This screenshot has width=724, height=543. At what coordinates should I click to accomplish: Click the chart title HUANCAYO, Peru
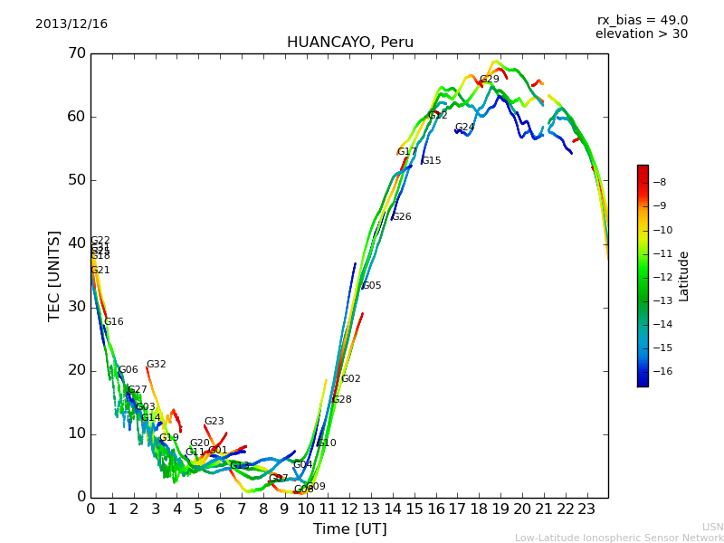[349, 43]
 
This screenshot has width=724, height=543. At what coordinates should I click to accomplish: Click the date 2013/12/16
[71, 24]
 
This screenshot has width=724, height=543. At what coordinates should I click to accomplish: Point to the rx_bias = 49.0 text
[642, 21]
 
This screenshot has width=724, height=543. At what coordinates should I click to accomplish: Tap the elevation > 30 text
[641, 34]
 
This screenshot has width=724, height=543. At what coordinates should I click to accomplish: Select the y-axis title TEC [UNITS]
[54, 275]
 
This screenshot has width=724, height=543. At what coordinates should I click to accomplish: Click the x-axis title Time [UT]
[349, 529]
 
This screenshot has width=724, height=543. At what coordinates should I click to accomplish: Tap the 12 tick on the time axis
[349, 510]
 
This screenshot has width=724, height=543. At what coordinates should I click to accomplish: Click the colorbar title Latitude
[684, 276]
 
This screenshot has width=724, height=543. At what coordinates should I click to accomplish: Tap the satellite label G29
[490, 80]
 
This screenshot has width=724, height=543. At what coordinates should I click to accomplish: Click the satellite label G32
[157, 365]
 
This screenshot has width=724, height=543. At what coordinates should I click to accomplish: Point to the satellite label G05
[372, 286]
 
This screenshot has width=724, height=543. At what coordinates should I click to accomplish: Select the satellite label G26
[402, 217]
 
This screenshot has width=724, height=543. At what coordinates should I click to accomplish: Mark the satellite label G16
[114, 322]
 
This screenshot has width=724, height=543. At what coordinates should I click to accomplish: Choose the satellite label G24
[465, 128]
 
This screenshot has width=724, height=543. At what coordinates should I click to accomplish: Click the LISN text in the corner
[712, 527]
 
